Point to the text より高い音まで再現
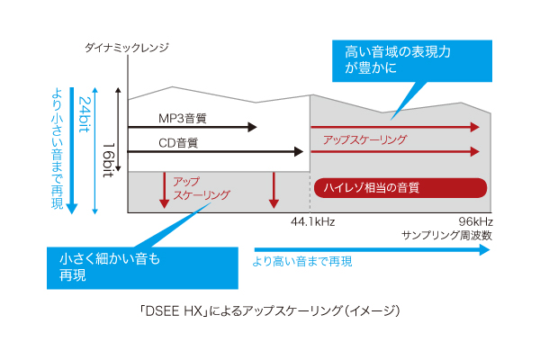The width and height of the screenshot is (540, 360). [x=301, y=262]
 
